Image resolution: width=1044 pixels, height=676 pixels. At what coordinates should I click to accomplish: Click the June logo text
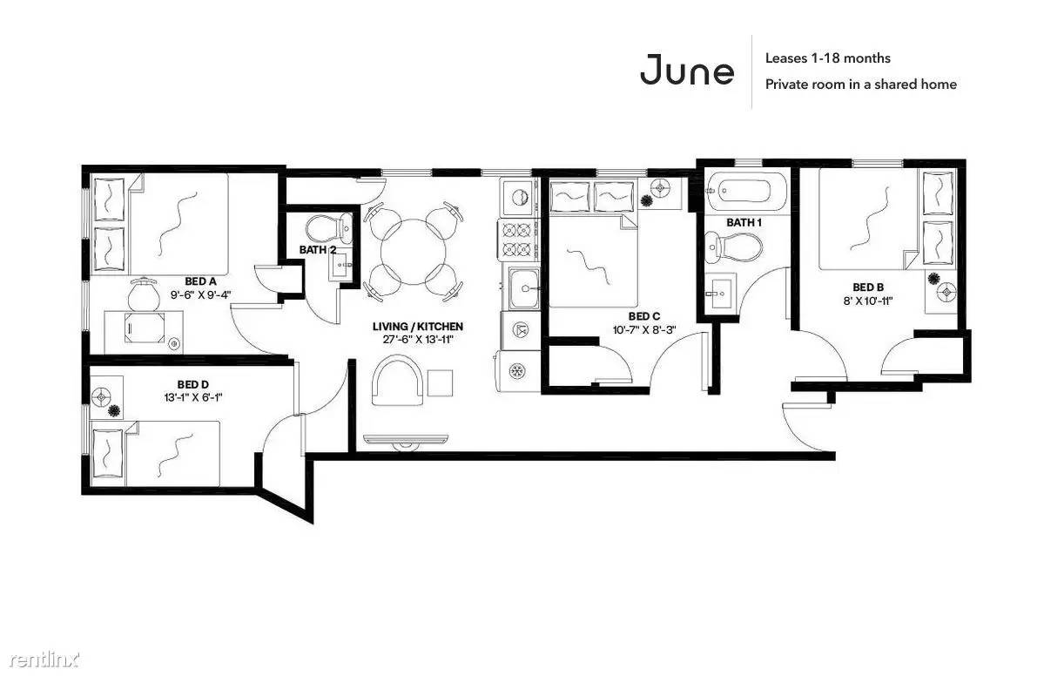686,71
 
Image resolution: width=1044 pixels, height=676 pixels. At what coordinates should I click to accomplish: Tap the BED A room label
200,281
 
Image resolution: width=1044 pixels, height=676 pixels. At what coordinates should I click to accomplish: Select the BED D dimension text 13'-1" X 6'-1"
193,397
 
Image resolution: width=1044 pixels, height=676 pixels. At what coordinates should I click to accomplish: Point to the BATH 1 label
744,222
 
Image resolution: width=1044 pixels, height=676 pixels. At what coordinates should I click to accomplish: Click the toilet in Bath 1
733,247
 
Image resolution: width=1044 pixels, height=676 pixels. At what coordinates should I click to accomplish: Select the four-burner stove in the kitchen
519,240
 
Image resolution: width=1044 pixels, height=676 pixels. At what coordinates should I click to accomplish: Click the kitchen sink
525,288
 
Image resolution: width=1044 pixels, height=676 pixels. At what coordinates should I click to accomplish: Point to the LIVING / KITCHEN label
417,327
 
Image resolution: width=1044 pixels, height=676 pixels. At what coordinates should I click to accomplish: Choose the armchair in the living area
398,381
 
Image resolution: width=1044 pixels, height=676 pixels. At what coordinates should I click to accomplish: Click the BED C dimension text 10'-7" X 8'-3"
643,329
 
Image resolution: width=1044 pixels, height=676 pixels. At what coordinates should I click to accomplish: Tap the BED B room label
868,287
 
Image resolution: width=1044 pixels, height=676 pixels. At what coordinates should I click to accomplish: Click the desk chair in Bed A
145,294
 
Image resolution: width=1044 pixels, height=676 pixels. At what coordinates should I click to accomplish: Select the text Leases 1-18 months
827,58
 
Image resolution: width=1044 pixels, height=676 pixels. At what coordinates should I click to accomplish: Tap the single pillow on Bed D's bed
108,454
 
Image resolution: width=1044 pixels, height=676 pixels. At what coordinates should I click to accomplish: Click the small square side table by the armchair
440,383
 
